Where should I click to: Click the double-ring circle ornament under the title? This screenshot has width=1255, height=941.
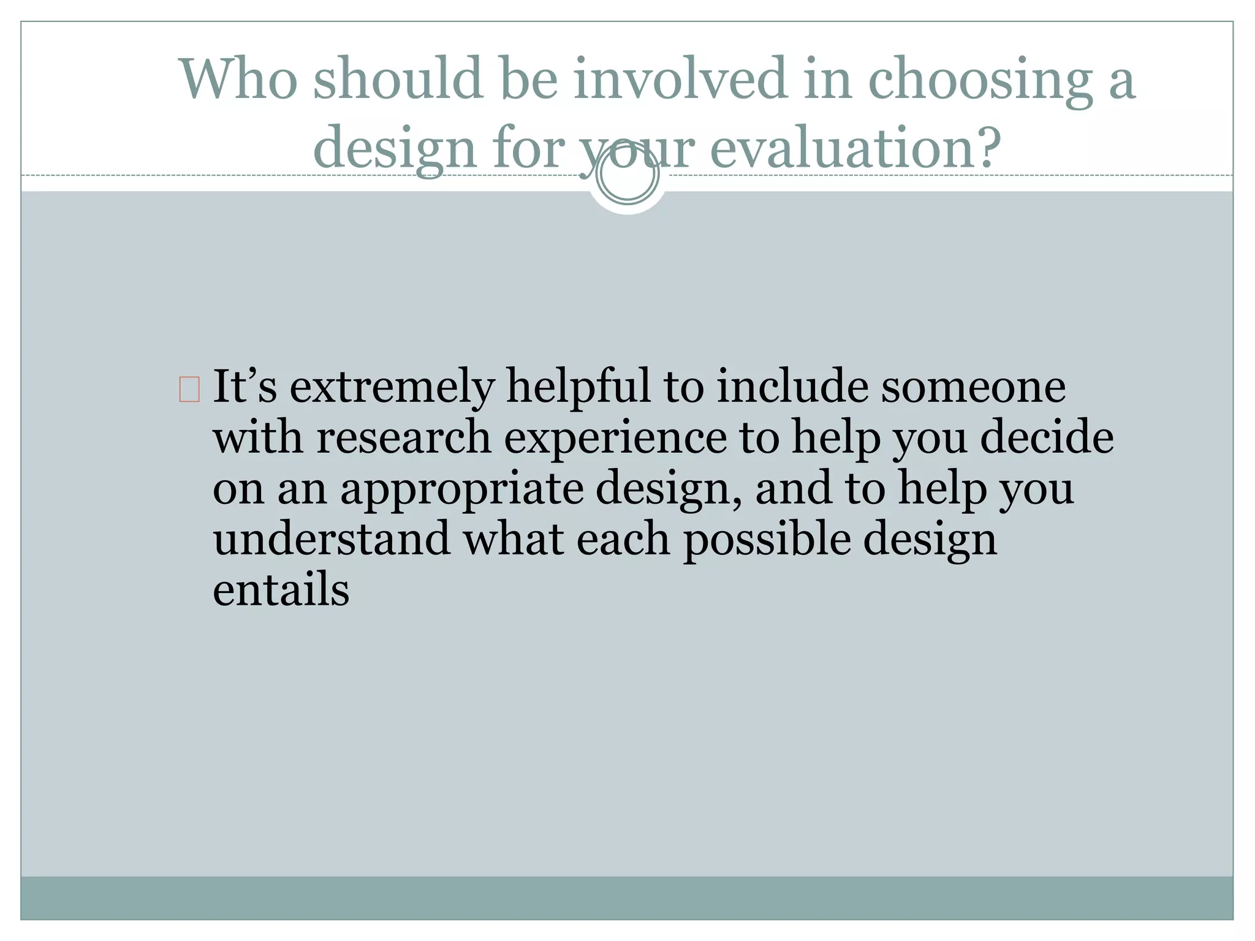[627, 174]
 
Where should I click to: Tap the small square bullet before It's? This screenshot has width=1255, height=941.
[189, 390]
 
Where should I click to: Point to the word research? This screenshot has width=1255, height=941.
[404, 437]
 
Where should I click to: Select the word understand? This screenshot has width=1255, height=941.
[331, 539]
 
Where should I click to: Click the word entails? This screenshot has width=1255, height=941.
[281, 589]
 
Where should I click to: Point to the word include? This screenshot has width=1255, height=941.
[792, 387]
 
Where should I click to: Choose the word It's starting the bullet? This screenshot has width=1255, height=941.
[245, 387]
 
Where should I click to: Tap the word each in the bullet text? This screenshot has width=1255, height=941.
[623, 539]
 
